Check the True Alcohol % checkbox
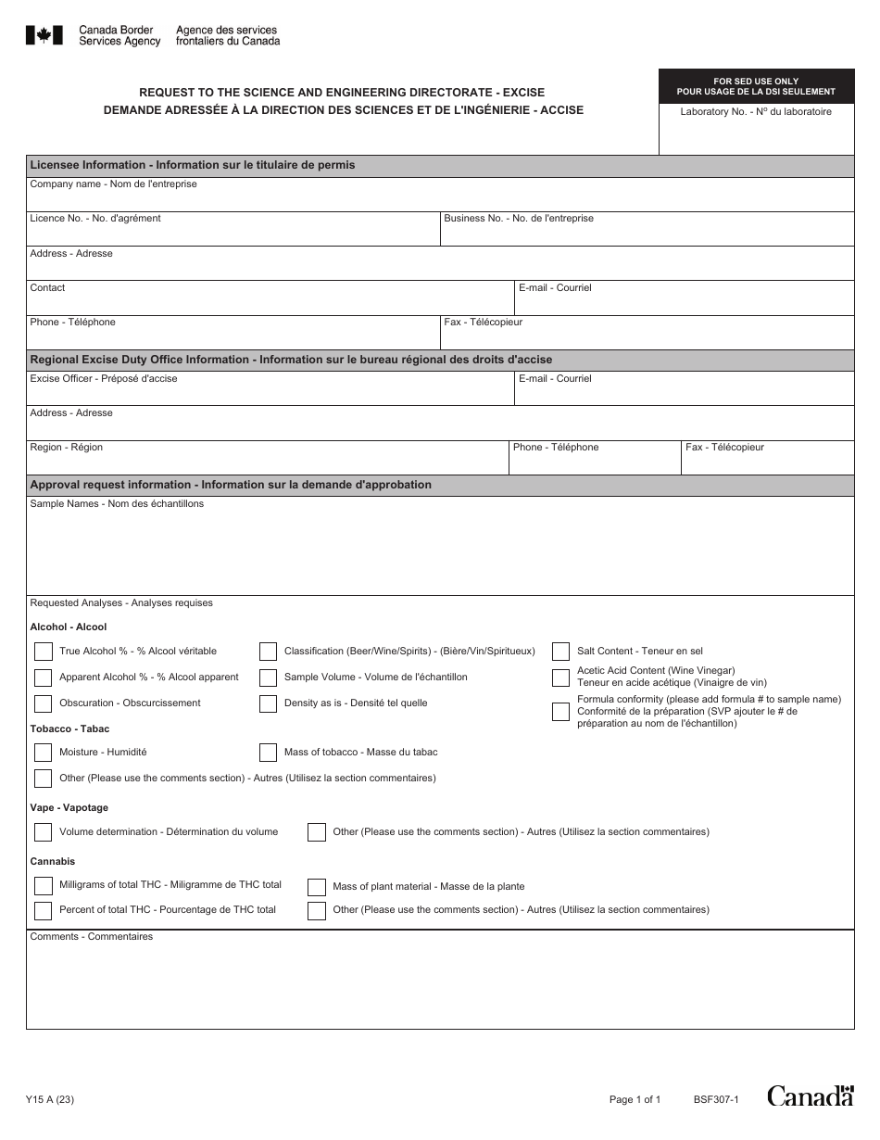click(43, 651)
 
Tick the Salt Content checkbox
click(560, 651)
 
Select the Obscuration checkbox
click(43, 703)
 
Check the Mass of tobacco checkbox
click(268, 752)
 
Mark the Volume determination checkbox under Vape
click(43, 831)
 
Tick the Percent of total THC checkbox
click(43, 910)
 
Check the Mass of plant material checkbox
click(316, 887)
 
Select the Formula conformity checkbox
click(560, 712)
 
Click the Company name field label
click(113, 184)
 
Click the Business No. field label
click(518, 219)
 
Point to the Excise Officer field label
click(103, 379)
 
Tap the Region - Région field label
click(66, 448)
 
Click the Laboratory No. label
click(755, 112)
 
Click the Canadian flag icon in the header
click(44, 35)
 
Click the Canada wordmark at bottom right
click(810, 1096)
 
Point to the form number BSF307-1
click(715, 1100)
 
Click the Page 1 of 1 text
click(635, 1100)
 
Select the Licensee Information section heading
click(192, 165)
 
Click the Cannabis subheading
click(53, 861)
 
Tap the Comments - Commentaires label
click(91, 937)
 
